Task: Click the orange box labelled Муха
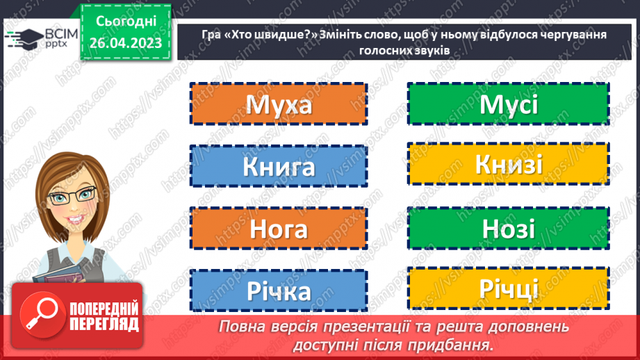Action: pyautogui.click(x=278, y=104)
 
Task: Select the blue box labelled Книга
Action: pyautogui.click(x=278, y=166)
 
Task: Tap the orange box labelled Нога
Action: pyautogui.click(x=278, y=228)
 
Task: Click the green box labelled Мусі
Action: pyautogui.click(x=507, y=104)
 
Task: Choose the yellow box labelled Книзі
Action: pyautogui.click(x=507, y=165)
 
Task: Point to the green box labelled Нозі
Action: pyautogui.click(x=507, y=228)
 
